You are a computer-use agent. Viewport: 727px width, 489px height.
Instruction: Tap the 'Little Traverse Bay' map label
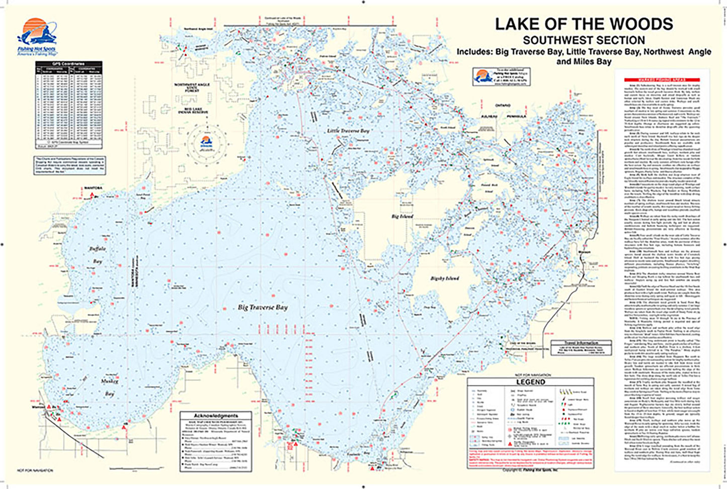coord(347,131)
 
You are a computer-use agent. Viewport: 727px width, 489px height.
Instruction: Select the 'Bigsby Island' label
coord(445,278)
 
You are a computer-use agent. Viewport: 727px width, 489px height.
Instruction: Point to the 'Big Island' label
coord(402,217)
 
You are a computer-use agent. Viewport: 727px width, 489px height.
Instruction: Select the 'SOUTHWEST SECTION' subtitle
coord(584,40)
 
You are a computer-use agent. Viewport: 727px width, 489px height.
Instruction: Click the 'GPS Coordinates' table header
coord(68,64)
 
